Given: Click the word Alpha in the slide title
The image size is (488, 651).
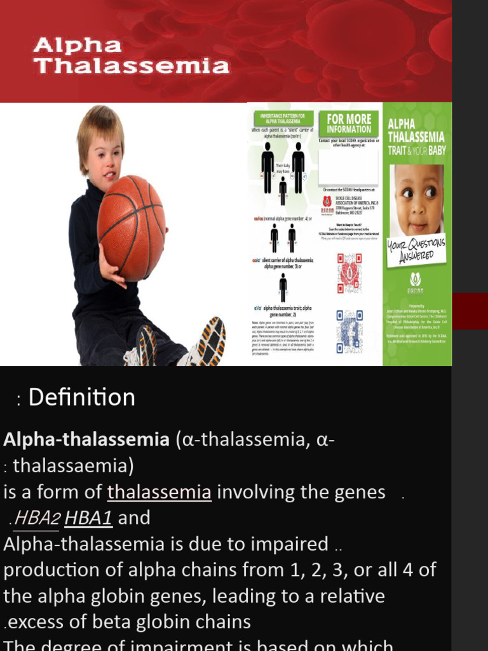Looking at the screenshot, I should pyautogui.click(x=78, y=45).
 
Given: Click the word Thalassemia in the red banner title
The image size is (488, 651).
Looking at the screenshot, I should pyautogui.click(x=132, y=65).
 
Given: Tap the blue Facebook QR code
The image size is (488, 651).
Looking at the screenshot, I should pyautogui.click(x=349, y=331).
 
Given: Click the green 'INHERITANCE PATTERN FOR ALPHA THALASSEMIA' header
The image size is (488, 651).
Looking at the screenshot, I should pyautogui.click(x=283, y=118).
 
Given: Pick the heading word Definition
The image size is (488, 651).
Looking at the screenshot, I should pyautogui.click(x=82, y=397).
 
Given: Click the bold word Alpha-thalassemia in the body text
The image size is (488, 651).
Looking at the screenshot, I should pyautogui.click(x=86, y=439).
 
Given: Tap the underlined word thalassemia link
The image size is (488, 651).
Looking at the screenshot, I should pyautogui.click(x=159, y=492).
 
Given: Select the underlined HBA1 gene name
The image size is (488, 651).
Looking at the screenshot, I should pyautogui.click(x=88, y=518).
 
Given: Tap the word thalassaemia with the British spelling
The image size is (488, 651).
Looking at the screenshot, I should pyautogui.click(x=73, y=466).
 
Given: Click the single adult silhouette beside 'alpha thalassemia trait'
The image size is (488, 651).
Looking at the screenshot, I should pyautogui.click(x=283, y=287).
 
